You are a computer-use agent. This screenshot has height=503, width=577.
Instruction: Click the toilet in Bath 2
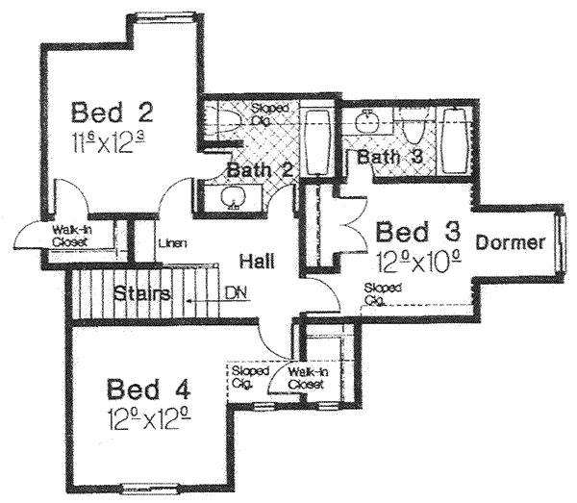click(x=228, y=119)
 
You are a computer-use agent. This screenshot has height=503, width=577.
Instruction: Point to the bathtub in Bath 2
click(x=316, y=142)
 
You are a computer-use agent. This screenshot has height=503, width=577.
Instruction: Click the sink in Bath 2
click(x=232, y=197)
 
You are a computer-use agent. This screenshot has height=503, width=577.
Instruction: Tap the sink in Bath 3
click(x=365, y=122)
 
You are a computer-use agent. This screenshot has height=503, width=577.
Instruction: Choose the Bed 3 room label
click(x=418, y=232)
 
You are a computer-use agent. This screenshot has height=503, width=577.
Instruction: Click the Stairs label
click(x=140, y=292)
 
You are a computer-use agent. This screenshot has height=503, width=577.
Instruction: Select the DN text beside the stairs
click(x=235, y=291)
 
